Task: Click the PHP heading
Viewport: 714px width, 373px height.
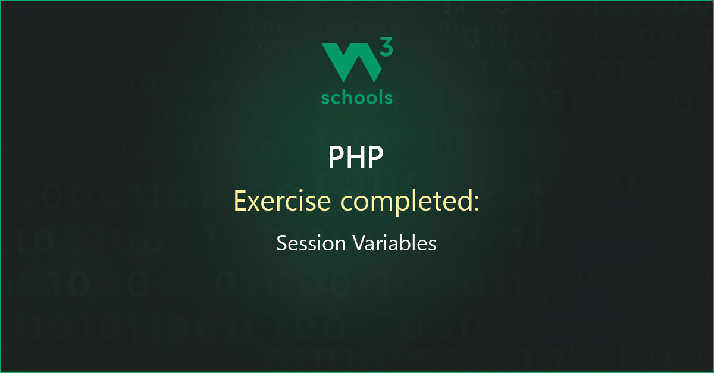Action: point(356,156)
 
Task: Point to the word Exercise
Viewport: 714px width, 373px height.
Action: point(283,201)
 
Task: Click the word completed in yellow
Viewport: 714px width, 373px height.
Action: point(407,202)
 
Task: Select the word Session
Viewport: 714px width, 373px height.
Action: point(311,243)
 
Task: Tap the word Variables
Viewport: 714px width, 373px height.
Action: point(394,243)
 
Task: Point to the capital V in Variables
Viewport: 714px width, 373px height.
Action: point(359,243)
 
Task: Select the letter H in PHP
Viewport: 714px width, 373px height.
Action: point(356,156)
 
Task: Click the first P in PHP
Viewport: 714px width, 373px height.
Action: point(336,156)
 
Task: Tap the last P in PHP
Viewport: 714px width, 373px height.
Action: point(376,156)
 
